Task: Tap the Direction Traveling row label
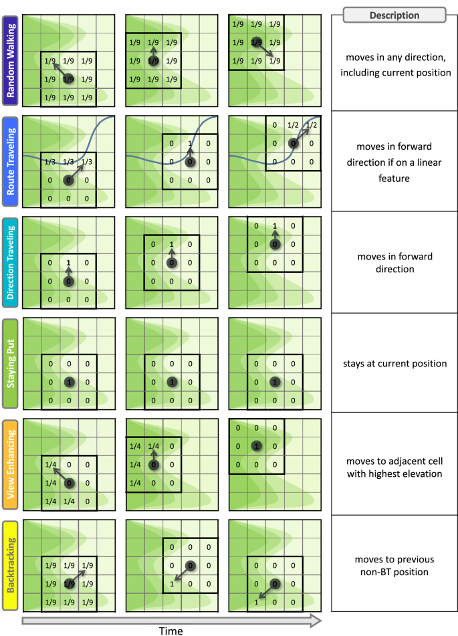click(10, 261)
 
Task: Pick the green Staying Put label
click(10, 362)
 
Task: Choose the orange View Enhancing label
click(10, 463)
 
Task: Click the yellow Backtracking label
click(10, 564)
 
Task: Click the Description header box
click(394, 15)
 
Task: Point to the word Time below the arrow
click(170, 630)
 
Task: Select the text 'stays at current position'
click(394, 364)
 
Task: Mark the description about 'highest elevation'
click(394, 467)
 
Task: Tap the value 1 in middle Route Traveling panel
click(190, 144)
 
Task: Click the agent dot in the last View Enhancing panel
click(255, 446)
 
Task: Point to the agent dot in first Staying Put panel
click(68, 382)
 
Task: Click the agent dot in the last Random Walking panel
click(255, 41)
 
